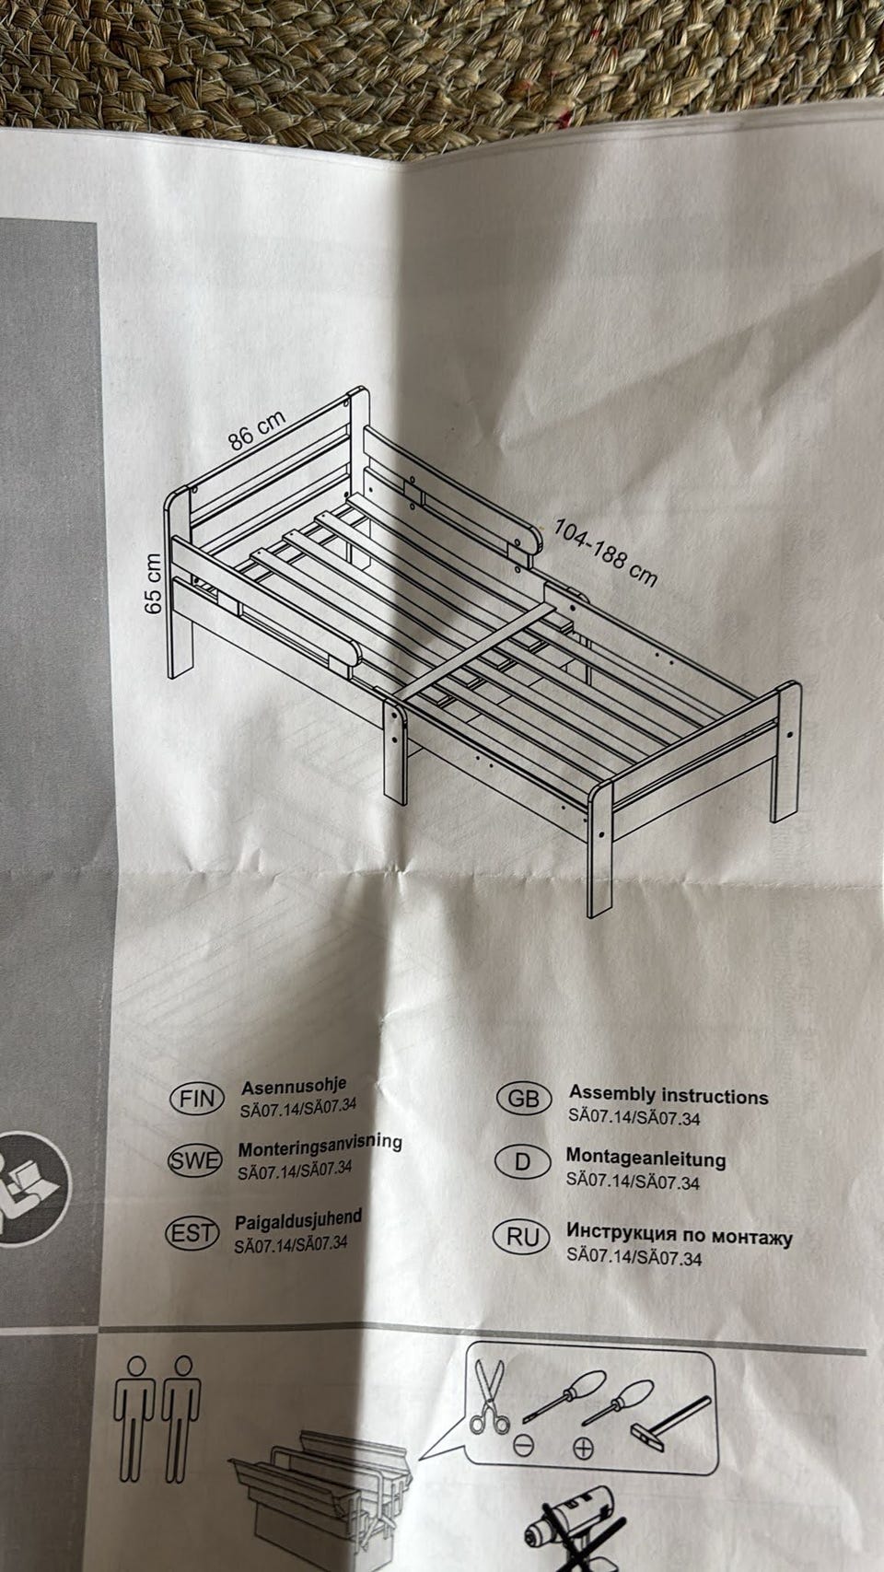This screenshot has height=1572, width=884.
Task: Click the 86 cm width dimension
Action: [x=257, y=429]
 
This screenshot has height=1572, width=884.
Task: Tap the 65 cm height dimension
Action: [x=154, y=584]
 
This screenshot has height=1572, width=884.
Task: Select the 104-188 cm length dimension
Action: [x=606, y=553]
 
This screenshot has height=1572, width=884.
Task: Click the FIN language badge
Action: [x=197, y=1099]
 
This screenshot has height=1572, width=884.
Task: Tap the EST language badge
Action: [x=192, y=1234]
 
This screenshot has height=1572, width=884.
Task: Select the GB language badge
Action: [x=523, y=1099]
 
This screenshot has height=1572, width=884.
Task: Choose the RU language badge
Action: [x=522, y=1237]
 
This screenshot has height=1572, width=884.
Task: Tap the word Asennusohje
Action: [x=294, y=1087]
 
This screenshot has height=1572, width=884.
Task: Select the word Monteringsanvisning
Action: [x=320, y=1147]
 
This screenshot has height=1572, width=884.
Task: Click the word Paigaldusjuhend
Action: [x=298, y=1219]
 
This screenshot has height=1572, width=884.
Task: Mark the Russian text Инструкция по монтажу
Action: [x=680, y=1234]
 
